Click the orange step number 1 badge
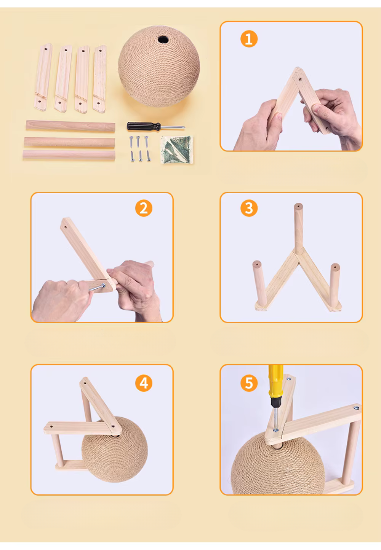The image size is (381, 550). point(249,39)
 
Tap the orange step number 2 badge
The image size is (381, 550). point(144,208)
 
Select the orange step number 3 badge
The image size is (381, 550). point(249,208)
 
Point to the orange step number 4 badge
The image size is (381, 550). point(144,383)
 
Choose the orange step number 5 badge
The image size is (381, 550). point(249,383)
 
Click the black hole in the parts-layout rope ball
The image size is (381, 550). point(162,39)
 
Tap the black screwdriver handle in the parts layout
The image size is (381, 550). point(144,126)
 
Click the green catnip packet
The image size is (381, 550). point(177,149)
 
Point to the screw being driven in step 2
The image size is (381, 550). point(98,288)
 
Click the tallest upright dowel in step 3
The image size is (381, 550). point(298,229)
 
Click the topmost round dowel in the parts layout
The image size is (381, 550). point(70,126)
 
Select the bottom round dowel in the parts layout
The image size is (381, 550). point(69,155)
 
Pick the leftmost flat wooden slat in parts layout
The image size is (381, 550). point(43,77)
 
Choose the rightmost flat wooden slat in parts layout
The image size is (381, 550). point(99,79)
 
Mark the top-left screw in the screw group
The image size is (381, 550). point(131,141)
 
